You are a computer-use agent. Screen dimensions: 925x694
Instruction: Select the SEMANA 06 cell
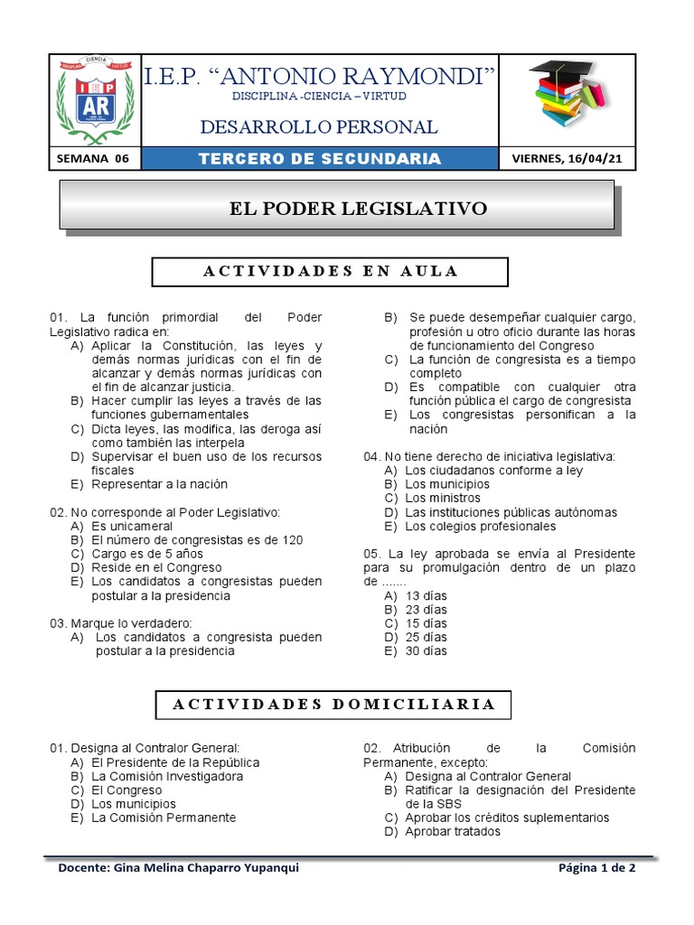(94, 159)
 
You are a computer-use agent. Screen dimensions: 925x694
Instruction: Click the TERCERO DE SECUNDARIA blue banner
(320, 159)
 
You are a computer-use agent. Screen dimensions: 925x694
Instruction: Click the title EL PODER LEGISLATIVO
(358, 209)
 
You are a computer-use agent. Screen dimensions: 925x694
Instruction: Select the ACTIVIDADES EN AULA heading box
(330, 271)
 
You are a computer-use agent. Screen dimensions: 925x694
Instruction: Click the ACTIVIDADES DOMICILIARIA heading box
(333, 704)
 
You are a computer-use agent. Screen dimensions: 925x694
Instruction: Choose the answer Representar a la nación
(158, 484)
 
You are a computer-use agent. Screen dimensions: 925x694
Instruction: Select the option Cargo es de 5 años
(147, 554)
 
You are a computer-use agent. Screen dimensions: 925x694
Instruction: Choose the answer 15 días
(426, 623)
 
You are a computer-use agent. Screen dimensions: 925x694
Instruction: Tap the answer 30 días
(426, 650)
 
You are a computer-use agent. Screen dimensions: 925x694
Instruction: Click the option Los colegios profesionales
(480, 526)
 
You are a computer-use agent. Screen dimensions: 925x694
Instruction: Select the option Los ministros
(440, 498)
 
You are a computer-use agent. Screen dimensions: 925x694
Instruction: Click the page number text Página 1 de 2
(597, 868)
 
